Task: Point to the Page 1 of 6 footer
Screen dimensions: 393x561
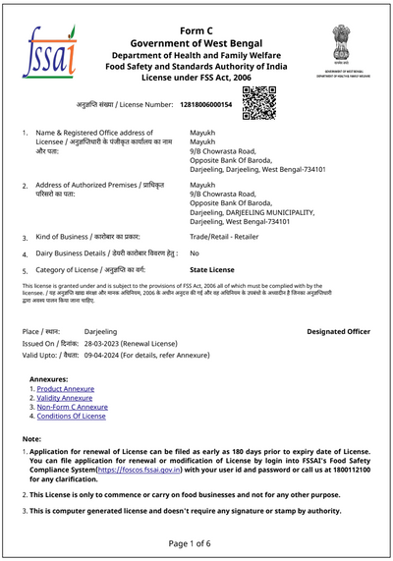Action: pyautogui.click(x=196, y=542)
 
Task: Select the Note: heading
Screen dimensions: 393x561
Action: pyautogui.click(x=32, y=439)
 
